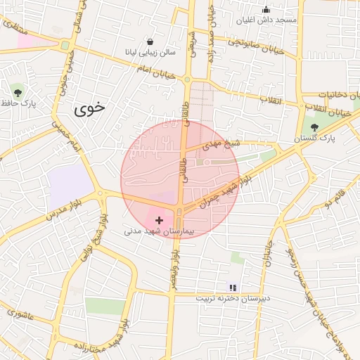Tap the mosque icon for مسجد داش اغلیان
coord(266,9)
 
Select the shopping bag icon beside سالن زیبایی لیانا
coord(150,41)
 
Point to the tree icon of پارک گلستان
coord(314,127)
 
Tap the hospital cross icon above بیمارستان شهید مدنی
coord(159,220)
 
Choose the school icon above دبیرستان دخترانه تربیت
coord(233,288)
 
